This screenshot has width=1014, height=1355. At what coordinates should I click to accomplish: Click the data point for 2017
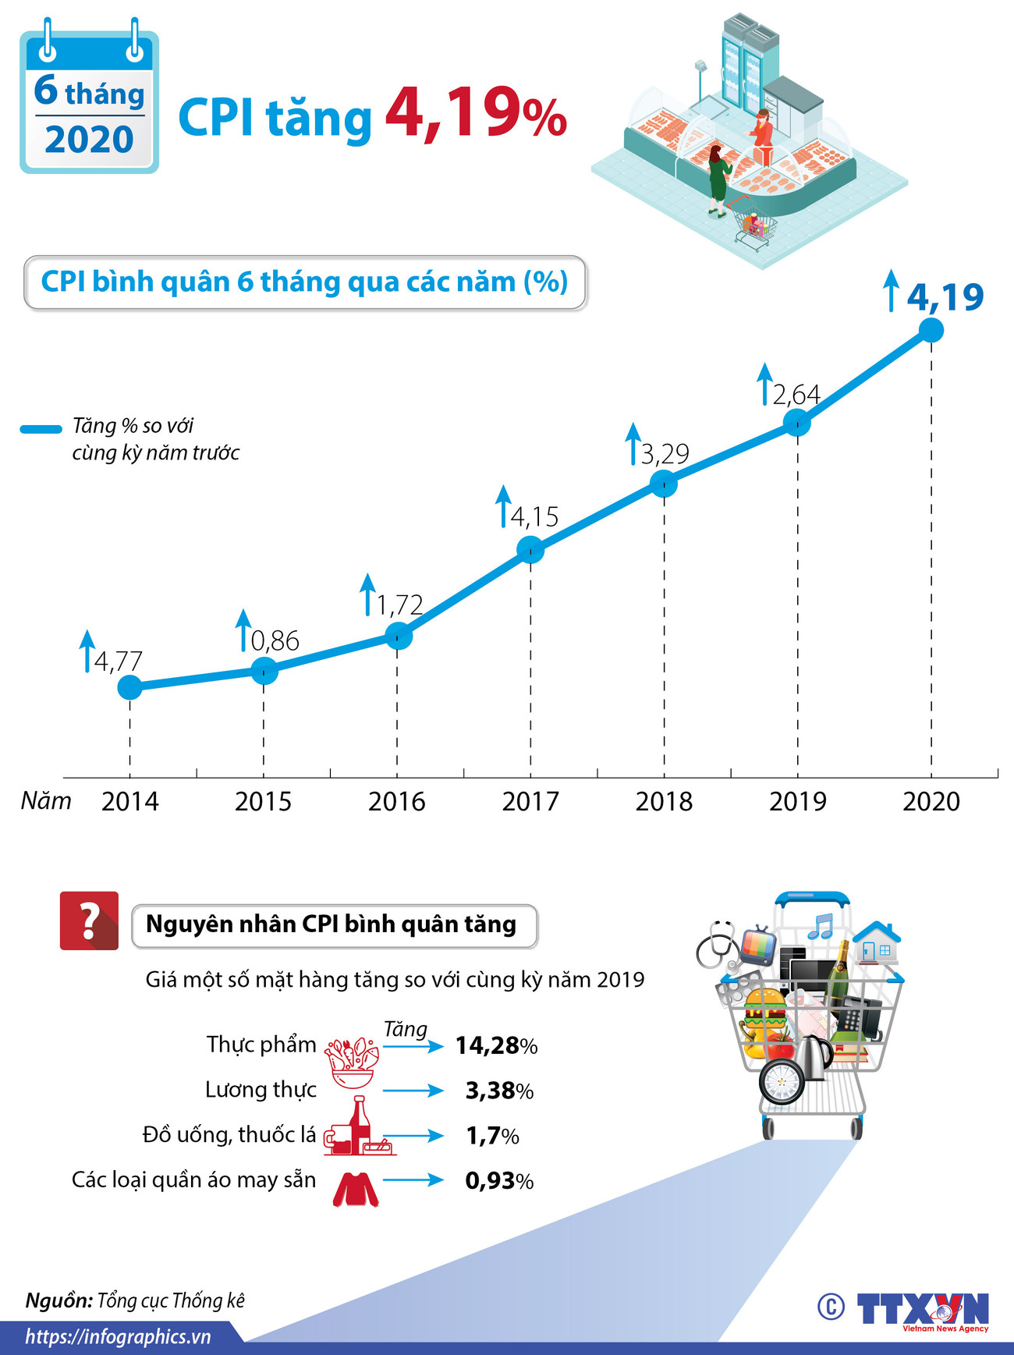[x=530, y=550]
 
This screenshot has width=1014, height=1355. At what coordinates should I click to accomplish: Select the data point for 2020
[x=931, y=330]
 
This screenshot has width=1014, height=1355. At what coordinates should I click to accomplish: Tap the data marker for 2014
[x=130, y=687]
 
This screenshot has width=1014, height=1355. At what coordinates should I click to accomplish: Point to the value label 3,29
[x=665, y=453]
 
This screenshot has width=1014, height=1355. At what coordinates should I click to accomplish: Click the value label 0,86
[x=275, y=641]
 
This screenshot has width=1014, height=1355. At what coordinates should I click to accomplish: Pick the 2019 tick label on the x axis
[x=797, y=801]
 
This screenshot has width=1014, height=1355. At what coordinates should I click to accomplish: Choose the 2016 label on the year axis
[x=396, y=801]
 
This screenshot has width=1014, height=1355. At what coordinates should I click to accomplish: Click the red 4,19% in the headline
[x=476, y=115]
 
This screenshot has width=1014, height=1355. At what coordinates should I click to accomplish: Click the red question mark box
[x=89, y=920]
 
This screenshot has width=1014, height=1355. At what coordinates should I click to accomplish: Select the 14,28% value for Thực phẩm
[x=496, y=1045]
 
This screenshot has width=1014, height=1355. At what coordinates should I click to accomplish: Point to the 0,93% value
[x=499, y=1180]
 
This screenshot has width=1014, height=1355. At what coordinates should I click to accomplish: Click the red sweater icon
[x=356, y=1189]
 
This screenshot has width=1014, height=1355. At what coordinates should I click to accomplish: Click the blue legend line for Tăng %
[x=41, y=428]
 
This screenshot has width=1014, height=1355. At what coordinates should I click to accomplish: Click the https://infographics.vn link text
[x=118, y=1336]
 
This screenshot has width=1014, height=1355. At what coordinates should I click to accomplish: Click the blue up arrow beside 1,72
[x=367, y=594]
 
